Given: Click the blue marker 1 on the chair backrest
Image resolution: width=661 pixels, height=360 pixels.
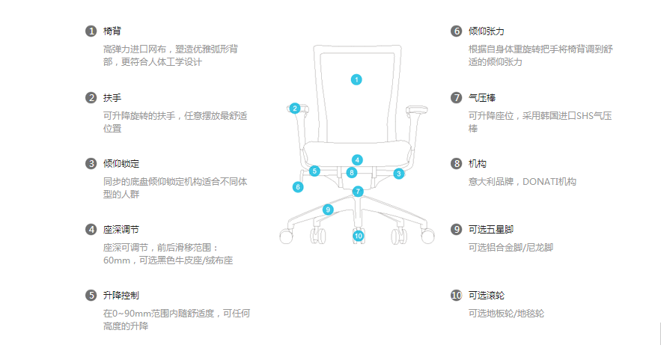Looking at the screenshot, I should coord(356,79).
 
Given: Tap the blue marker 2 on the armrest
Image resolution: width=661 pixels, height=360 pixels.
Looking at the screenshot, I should coord(295,109).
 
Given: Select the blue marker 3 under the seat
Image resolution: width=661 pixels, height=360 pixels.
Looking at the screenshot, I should coord(399,174).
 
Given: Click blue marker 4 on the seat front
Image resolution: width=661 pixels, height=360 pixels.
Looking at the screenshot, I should coord(358,159).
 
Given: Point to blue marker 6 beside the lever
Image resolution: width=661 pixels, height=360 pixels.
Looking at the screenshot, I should coord(298,187).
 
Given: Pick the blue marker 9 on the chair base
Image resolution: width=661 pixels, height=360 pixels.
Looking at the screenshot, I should coord(328,210).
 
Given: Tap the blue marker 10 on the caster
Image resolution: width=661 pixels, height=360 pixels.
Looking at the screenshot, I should coord(359,236).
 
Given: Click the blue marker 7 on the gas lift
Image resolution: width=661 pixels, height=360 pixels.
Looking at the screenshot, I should coord(358,191).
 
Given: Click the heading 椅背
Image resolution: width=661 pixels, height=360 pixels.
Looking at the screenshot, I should coord(112,31).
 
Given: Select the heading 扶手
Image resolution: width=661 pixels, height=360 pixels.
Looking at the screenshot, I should coord(112,97).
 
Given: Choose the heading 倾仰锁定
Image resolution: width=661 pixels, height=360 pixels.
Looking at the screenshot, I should coord(121,163).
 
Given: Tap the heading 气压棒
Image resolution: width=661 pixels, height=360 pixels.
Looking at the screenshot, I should coord(482,97).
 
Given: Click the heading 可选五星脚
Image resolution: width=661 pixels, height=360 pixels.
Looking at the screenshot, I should coord(491,229).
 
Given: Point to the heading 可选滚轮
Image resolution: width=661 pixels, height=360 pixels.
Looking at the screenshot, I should coord(487,295).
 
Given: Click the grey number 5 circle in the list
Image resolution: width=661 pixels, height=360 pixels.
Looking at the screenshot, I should coord(91,295).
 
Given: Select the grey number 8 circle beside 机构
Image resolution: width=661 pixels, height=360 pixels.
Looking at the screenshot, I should coord(457,163).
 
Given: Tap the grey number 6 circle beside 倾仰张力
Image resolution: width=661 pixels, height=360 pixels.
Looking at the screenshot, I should coord(457,31).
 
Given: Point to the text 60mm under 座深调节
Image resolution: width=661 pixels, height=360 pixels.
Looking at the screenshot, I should coord(115,260).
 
